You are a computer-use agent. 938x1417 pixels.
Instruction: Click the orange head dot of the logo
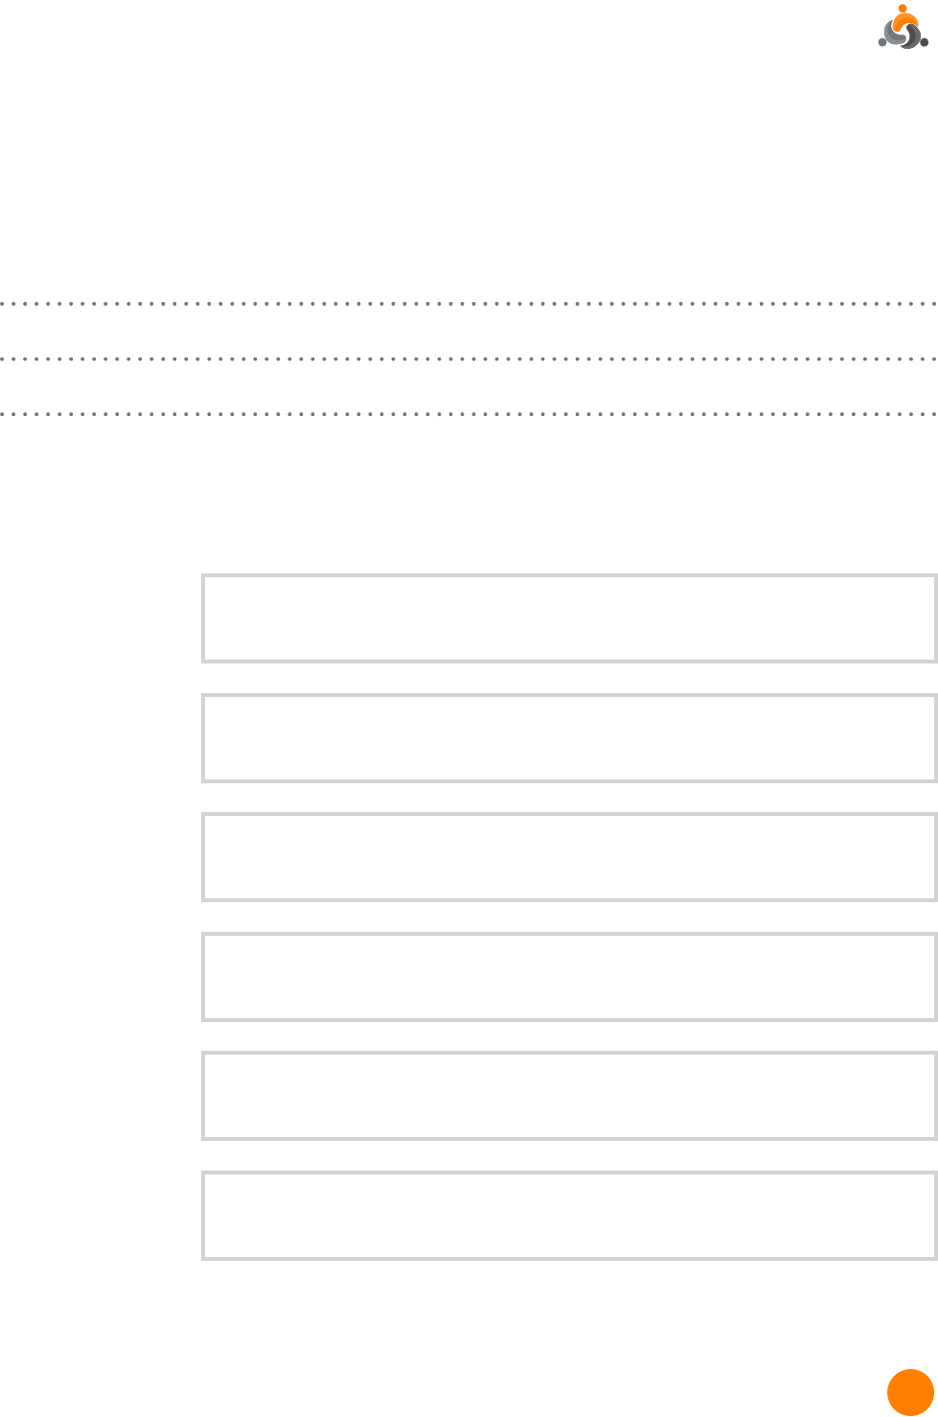(x=903, y=8)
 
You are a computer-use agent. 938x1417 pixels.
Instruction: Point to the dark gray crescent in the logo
(x=914, y=36)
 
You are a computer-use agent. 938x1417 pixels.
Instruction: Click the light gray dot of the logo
(x=882, y=42)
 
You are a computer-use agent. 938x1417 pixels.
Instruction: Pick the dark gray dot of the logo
(x=925, y=42)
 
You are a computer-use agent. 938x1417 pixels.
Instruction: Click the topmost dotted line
(x=469, y=304)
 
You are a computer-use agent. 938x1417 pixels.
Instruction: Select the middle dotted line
(x=469, y=359)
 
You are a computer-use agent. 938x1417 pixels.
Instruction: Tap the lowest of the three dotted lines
(x=469, y=414)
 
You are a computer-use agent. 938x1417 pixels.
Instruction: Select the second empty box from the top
(x=568, y=737)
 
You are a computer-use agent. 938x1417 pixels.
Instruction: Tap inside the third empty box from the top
(x=568, y=856)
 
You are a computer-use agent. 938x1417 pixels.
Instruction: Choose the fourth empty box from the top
(x=568, y=976)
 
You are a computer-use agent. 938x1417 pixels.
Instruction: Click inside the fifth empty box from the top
(x=568, y=1095)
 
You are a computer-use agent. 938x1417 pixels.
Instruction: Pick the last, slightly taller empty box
(x=568, y=1214)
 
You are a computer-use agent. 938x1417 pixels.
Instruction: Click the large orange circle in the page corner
(x=909, y=1392)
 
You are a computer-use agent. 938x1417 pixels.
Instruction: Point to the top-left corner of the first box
(x=203, y=575)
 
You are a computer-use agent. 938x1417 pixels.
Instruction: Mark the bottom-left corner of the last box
(x=203, y=1257)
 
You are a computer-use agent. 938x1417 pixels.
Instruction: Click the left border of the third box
(x=203, y=856)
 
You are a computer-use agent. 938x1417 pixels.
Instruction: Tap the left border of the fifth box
(x=203, y=1095)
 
